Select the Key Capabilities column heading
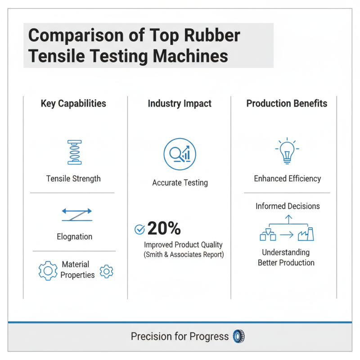(73, 103)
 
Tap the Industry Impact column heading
(180, 103)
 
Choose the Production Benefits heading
(287, 103)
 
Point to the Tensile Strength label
(73, 179)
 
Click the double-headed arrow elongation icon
(76, 214)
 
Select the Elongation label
(75, 236)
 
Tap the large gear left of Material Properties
(48, 270)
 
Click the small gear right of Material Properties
(107, 271)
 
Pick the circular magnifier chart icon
(180, 154)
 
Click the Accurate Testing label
(180, 183)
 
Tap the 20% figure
(164, 229)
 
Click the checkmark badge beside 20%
(139, 229)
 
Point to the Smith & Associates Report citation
(183, 254)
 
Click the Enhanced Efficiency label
(287, 179)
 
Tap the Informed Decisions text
(288, 206)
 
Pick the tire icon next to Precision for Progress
(238, 336)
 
